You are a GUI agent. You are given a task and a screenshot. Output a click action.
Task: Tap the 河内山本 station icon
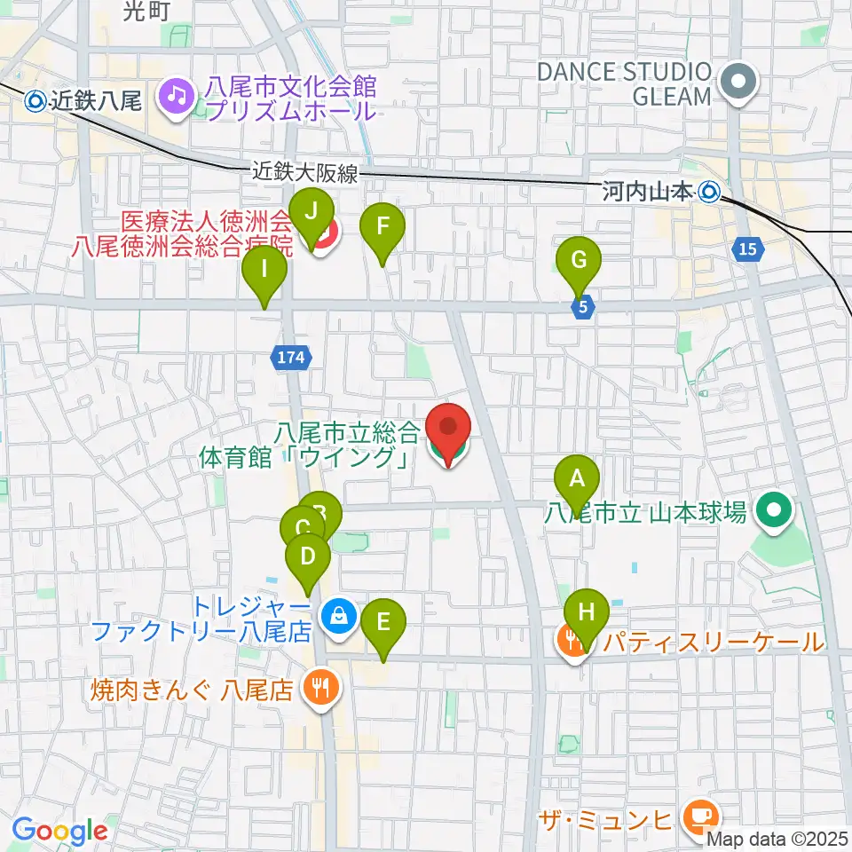[x=708, y=190]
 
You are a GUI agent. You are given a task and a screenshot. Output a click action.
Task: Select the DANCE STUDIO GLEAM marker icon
[x=738, y=83]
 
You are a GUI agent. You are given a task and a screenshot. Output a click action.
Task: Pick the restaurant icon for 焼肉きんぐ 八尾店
[x=318, y=688]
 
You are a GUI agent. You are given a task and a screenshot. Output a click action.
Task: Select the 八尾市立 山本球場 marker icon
[x=773, y=512]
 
